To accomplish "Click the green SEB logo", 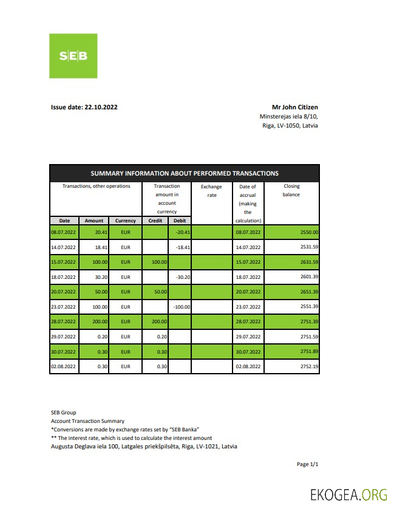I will (73, 56).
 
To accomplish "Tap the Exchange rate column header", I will (211, 191).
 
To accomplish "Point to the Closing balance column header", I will (291, 191).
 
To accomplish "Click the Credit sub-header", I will (155, 221).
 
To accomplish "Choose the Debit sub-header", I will (180, 221).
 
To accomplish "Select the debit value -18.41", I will (183, 247).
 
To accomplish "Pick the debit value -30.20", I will (183, 277).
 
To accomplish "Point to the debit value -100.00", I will (182, 307).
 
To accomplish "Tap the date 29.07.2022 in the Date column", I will (63, 337).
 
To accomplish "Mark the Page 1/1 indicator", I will (307, 464).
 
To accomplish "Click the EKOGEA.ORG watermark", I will (348, 494).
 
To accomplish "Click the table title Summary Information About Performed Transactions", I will (185, 173).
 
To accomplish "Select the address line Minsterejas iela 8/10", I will (288, 116).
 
